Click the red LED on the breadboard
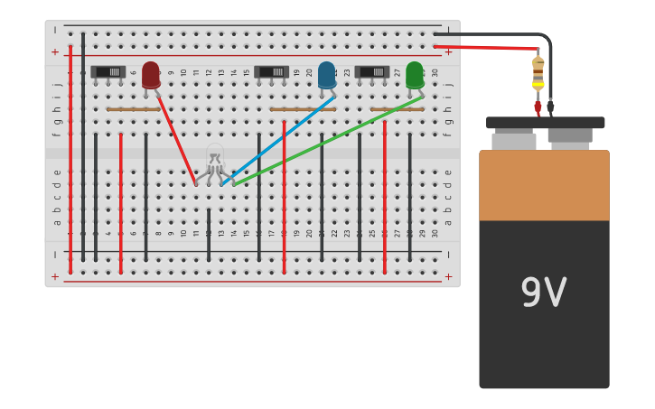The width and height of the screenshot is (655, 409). click(x=151, y=74)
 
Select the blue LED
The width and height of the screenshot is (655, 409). click(x=326, y=75)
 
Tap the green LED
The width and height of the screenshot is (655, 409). click(x=415, y=75)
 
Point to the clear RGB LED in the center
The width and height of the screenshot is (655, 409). click(x=214, y=157)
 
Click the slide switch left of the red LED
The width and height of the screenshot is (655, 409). click(x=108, y=71)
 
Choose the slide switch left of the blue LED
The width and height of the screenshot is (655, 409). click(x=271, y=71)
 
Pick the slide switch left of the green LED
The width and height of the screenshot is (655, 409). click(x=372, y=71)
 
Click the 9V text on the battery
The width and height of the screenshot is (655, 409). click(x=543, y=293)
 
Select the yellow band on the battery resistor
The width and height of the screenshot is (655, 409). click(x=538, y=85)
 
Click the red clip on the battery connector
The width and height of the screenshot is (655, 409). click(x=538, y=107)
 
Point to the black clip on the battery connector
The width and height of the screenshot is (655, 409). click(x=550, y=107)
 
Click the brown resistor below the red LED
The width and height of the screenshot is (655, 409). click(x=133, y=109)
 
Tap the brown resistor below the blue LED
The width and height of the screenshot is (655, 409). click(x=303, y=109)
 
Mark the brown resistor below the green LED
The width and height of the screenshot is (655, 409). click(x=397, y=109)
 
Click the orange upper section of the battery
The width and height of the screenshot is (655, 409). click(x=544, y=185)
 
